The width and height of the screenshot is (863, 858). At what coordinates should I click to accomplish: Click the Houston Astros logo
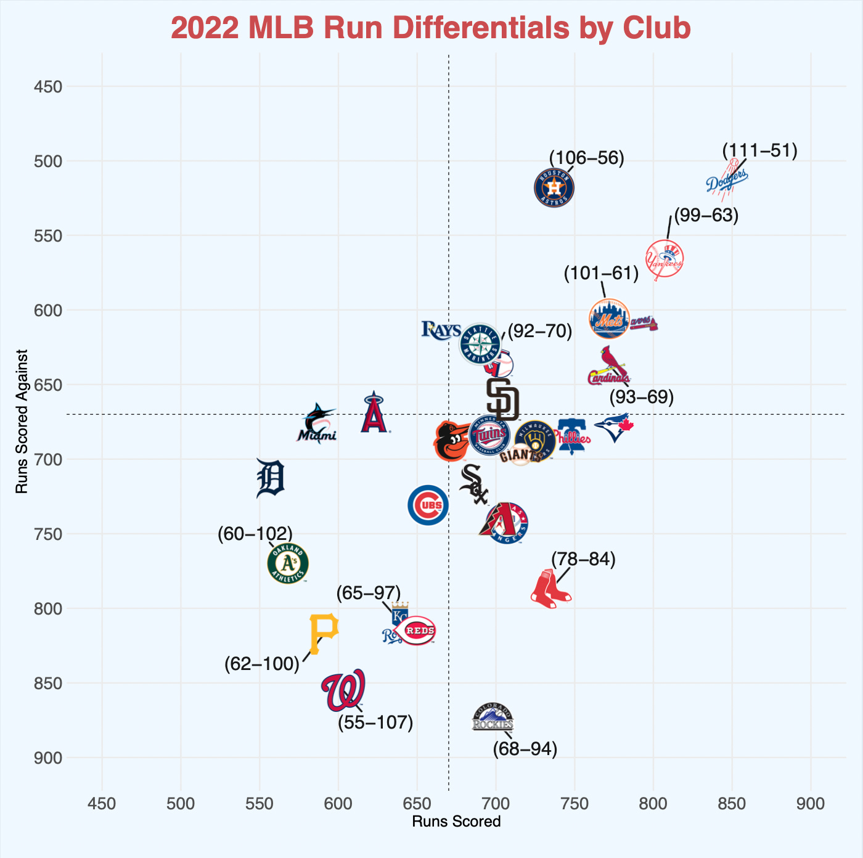[x=554, y=188]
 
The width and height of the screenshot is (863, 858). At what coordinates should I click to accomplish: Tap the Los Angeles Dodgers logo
[x=727, y=180]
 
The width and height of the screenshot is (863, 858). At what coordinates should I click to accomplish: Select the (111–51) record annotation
[x=759, y=151]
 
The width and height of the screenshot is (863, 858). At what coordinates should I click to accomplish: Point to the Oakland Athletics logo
[x=288, y=563]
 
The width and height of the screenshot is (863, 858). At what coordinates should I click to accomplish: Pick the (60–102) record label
[x=255, y=534]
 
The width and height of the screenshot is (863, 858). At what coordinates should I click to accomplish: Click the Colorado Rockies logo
[x=493, y=717]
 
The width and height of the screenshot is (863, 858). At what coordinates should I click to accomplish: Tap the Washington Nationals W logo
[x=343, y=690]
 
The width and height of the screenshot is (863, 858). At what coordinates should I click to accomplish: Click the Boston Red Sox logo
[x=550, y=589]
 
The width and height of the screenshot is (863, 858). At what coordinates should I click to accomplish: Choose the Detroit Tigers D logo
[x=270, y=478]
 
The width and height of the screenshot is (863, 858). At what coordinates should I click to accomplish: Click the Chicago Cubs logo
[x=428, y=505]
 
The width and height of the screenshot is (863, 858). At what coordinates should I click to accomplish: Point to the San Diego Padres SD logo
[x=502, y=398]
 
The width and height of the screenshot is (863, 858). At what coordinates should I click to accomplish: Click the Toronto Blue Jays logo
[x=614, y=427]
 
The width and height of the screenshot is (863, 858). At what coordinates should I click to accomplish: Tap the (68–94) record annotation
[x=525, y=750]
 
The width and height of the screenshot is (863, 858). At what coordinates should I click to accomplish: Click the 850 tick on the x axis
[x=732, y=804]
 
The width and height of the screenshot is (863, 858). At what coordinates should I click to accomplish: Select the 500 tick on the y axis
[x=47, y=161]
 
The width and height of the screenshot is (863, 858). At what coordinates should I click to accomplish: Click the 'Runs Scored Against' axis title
[x=22, y=422]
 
